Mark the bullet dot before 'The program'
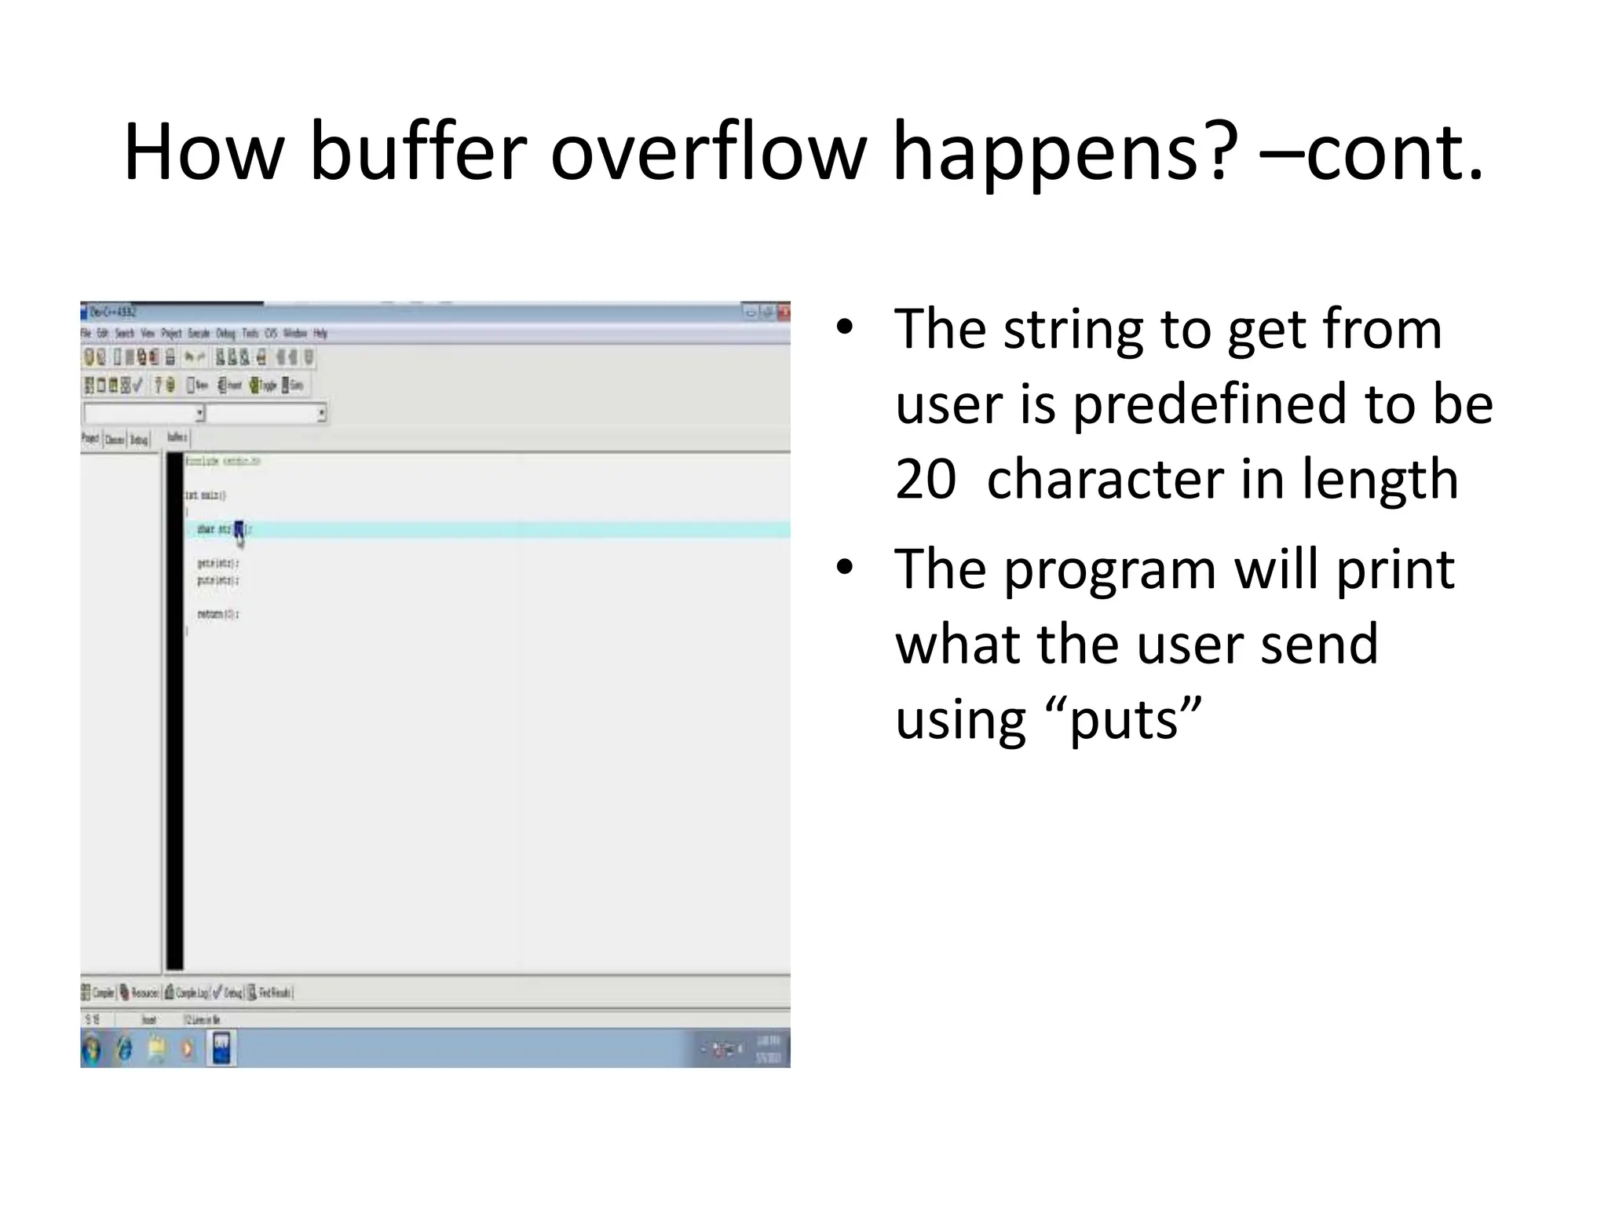(x=844, y=568)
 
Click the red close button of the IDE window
(x=783, y=312)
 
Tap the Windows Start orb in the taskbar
(x=92, y=1049)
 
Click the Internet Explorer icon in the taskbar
(x=124, y=1049)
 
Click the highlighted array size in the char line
(x=239, y=529)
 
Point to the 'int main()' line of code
(x=205, y=495)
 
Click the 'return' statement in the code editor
(x=217, y=614)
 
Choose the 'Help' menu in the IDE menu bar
(x=320, y=334)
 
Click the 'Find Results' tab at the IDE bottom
(x=271, y=993)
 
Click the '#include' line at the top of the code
(x=222, y=461)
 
